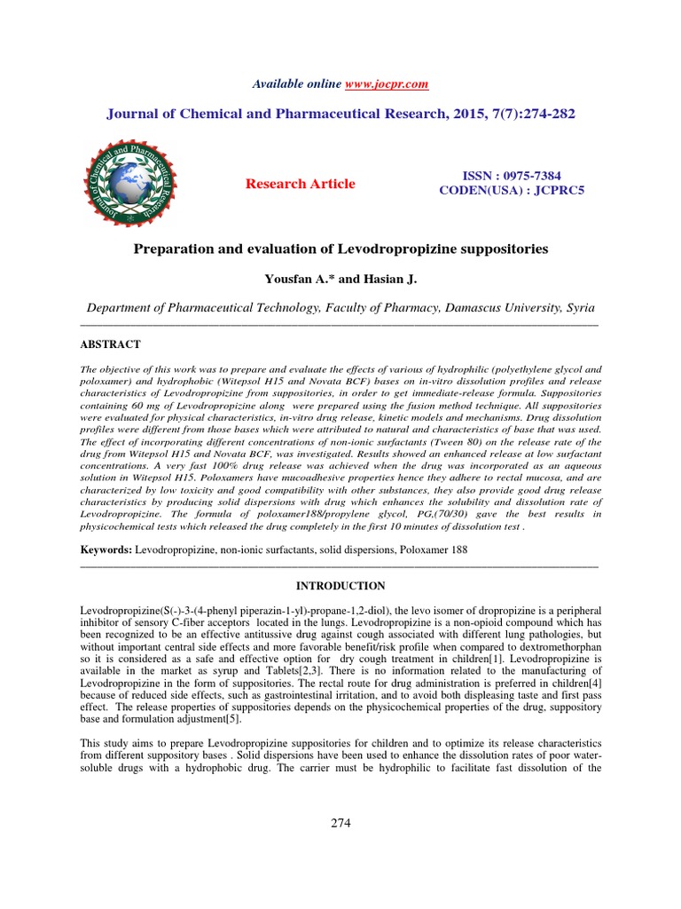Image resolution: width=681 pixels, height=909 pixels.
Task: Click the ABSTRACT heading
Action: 111,344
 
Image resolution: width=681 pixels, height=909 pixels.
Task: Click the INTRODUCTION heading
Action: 340,586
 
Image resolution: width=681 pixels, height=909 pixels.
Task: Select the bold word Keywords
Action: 106,550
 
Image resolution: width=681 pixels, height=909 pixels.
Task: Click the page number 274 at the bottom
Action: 340,823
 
